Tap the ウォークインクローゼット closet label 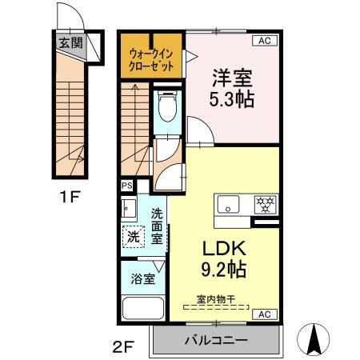point(152,57)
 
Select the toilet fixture point(167,108)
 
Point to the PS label point(126,185)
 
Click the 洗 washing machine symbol point(134,238)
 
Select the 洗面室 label point(158,225)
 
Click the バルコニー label point(215,339)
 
